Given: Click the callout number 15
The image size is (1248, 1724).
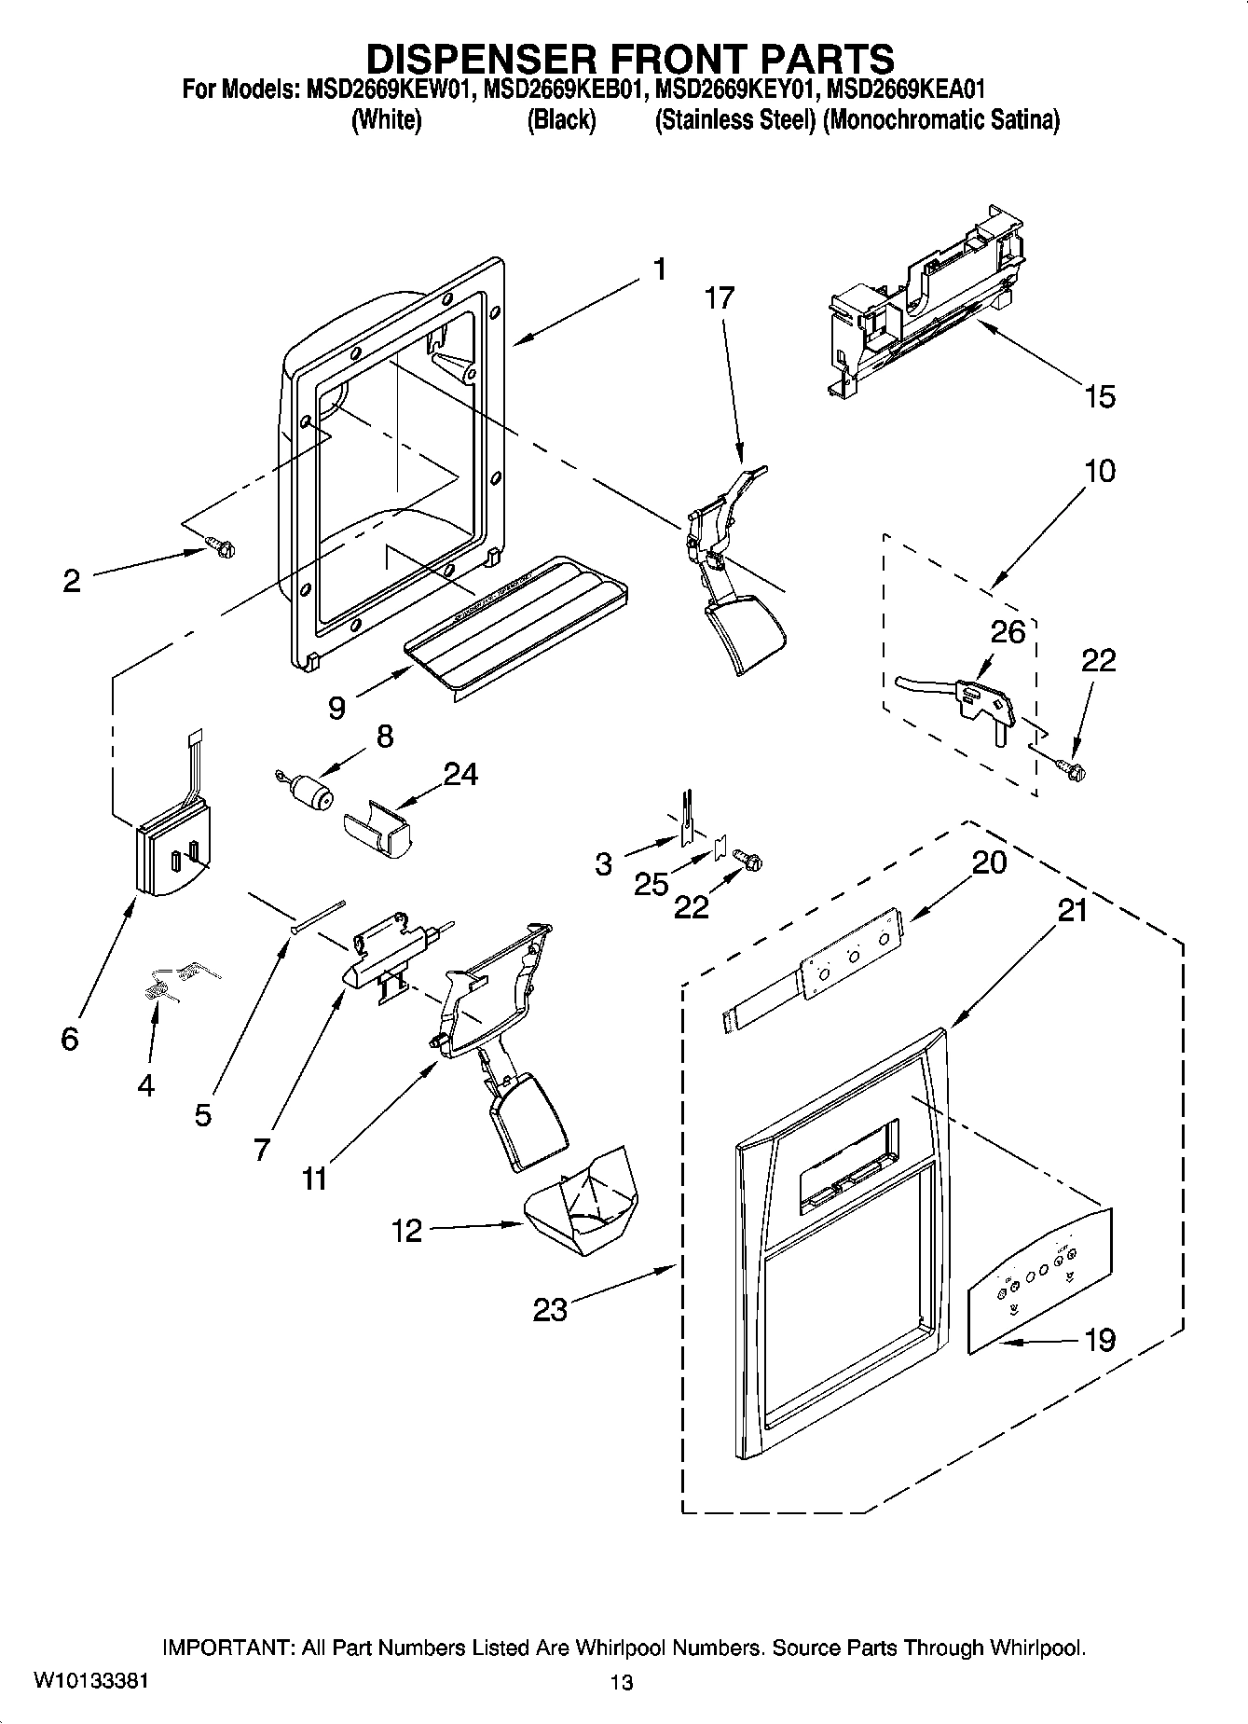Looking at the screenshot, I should tap(1100, 396).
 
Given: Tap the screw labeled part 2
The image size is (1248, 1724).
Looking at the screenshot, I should tap(221, 547).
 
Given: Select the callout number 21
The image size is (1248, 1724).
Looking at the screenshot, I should tap(1072, 909).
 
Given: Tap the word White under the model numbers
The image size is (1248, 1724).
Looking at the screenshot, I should tap(386, 120).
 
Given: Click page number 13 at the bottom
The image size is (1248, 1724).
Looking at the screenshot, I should tap(622, 1682).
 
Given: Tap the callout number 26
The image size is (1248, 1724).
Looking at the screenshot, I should tap(1008, 632).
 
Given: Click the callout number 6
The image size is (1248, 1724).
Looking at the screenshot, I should tap(69, 1038).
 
